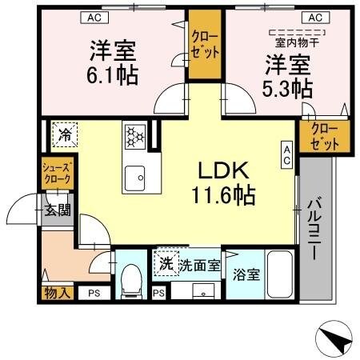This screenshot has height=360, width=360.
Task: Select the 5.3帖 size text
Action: (286, 86)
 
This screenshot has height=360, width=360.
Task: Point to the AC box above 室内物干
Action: (315, 16)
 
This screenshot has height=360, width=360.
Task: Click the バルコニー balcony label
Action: (313, 227)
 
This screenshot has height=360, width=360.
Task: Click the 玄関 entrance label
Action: (57, 210)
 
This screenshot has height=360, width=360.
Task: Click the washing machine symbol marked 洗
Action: (165, 262)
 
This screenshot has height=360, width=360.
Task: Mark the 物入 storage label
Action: (57, 294)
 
